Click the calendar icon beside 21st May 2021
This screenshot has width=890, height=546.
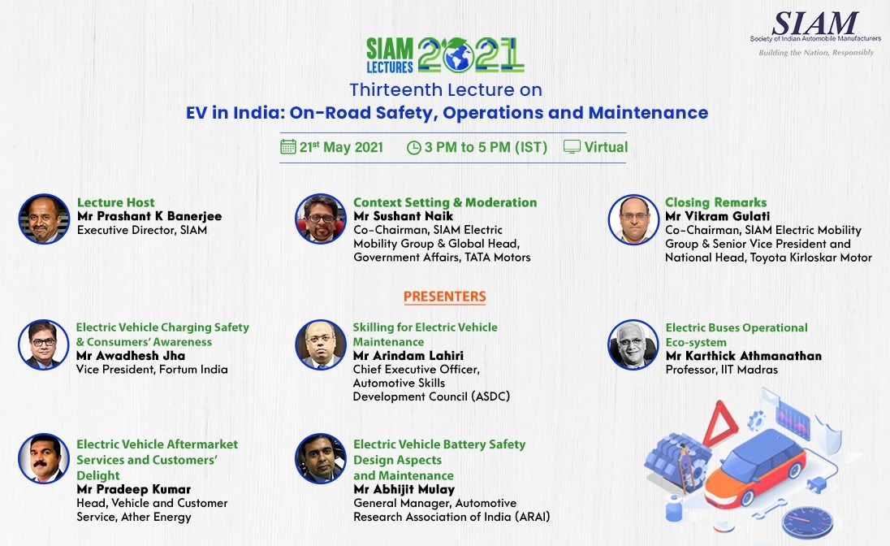coord(287,147)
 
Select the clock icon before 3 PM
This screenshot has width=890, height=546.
coord(413,148)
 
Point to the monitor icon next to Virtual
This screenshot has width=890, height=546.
coord(572,147)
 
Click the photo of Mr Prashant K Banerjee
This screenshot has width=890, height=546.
coord(44,219)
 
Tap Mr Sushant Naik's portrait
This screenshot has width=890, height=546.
coord(320,219)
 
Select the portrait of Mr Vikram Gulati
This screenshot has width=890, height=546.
coord(633,219)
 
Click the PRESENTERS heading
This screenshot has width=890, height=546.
coord(445,297)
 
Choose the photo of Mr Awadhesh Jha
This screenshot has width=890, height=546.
coord(44,344)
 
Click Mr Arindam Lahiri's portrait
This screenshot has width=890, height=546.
coord(320,344)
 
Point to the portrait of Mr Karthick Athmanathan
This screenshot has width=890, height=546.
coord(633,344)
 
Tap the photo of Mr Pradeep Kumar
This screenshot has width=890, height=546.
coord(44,458)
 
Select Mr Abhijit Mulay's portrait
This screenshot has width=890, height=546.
coord(320,458)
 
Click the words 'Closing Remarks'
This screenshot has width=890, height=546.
coord(715,202)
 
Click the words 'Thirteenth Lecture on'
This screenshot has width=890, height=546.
coord(445,89)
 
